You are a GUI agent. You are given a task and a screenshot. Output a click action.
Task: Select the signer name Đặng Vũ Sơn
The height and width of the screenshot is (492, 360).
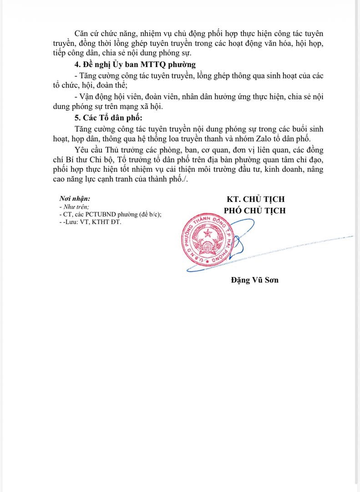[254, 280]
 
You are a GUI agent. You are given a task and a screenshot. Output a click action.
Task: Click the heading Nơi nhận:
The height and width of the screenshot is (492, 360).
[75, 199]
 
